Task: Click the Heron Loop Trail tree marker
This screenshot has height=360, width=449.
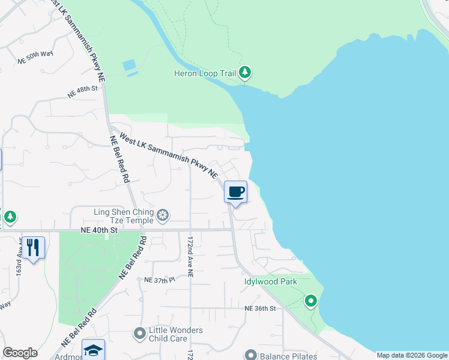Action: (x=244, y=73)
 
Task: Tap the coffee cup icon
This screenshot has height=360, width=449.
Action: (x=235, y=192)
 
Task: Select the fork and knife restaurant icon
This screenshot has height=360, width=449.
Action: (x=33, y=247)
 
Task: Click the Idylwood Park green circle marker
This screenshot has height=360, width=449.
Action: (x=310, y=300)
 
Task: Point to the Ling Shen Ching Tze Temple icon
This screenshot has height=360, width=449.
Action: (x=162, y=215)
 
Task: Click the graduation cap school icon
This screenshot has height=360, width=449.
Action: (x=93, y=350)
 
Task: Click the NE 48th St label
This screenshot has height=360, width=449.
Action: (x=82, y=92)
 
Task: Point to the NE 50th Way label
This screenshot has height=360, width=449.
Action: (x=35, y=58)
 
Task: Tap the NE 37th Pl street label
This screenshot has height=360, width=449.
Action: (x=159, y=280)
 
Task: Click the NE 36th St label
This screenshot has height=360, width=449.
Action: (x=260, y=308)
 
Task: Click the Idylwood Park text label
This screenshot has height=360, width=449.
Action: (x=271, y=281)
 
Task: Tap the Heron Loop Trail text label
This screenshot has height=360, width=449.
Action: (x=205, y=74)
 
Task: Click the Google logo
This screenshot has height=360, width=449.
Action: (x=20, y=353)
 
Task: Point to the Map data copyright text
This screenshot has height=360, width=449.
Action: (x=412, y=355)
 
